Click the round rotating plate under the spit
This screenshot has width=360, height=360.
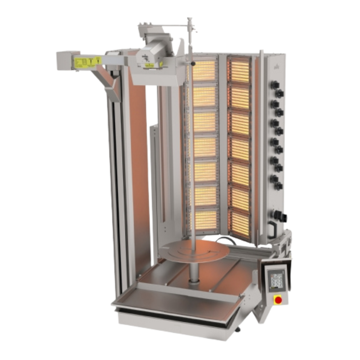pyautogui.click(x=194, y=250)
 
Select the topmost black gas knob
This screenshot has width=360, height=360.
pyautogui.click(x=274, y=85)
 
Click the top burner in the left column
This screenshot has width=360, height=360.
pyautogui.click(x=204, y=71)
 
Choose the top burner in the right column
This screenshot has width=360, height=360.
pyautogui.click(x=239, y=69)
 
